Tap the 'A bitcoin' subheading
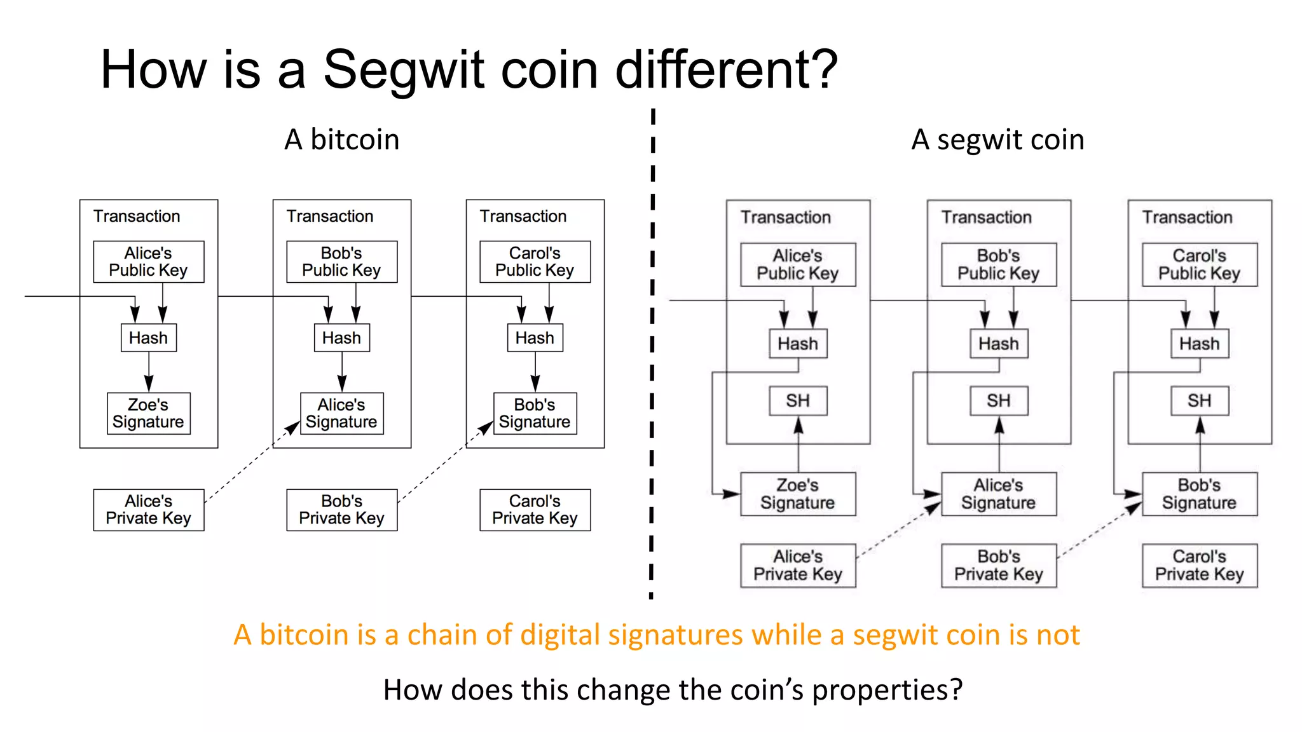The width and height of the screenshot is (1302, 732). pyautogui.click(x=342, y=140)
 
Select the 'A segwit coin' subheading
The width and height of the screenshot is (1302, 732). pyautogui.click(x=997, y=140)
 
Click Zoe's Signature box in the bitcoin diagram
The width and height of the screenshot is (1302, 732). pyautogui.click(x=148, y=413)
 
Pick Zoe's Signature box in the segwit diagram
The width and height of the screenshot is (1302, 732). pyautogui.click(x=798, y=494)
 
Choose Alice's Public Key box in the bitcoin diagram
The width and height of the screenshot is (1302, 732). pyautogui.click(x=148, y=261)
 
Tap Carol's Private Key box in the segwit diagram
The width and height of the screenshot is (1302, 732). pyautogui.click(x=1200, y=565)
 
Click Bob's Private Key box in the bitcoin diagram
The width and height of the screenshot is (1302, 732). pyautogui.click(x=342, y=510)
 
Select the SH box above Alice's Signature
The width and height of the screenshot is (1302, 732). pyautogui.click(x=999, y=401)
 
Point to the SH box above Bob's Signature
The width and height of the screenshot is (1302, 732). pyautogui.click(x=1200, y=401)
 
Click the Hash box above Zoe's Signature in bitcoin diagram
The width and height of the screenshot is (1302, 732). pyautogui.click(x=149, y=337)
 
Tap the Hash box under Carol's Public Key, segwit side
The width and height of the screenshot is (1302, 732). pyautogui.click(x=1200, y=344)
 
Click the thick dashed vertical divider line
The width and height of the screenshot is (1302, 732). pyautogui.click(x=652, y=356)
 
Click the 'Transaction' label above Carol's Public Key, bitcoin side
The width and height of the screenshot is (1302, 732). pyautogui.click(x=523, y=217)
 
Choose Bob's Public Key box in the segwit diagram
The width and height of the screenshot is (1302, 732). pyautogui.click(x=999, y=264)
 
